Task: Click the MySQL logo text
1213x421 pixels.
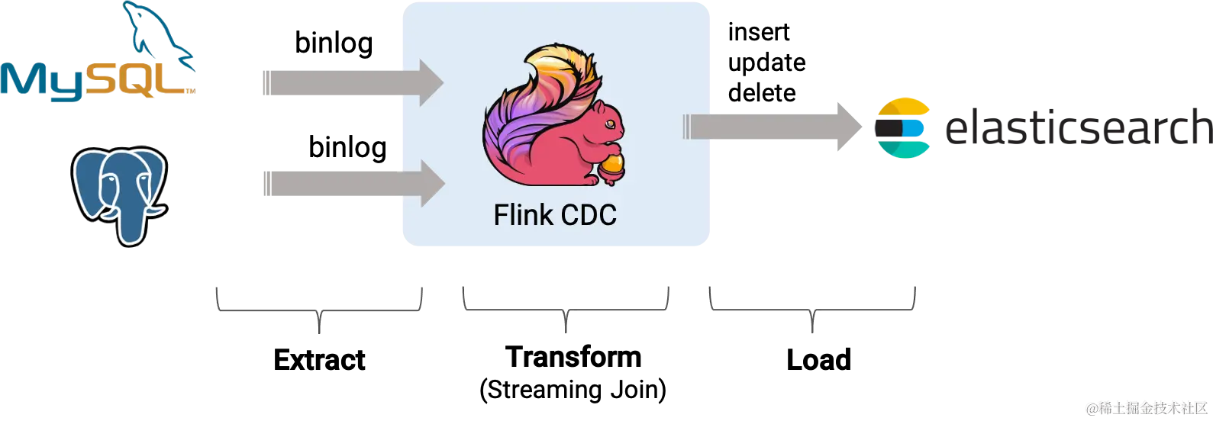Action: click(95, 82)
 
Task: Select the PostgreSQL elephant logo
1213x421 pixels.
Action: click(119, 194)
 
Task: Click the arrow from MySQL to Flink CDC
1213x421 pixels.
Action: click(351, 82)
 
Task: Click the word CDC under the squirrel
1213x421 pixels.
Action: click(588, 215)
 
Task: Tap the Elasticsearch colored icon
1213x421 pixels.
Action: click(903, 126)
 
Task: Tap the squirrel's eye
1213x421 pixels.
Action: click(608, 120)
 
